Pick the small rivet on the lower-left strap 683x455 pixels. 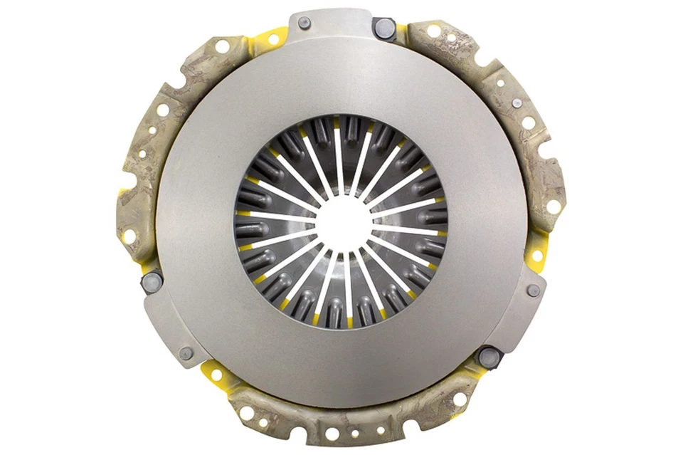[186, 352]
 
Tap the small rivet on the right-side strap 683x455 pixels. [532, 291]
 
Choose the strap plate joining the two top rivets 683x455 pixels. [341, 21]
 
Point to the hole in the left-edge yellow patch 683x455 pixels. [128, 234]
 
